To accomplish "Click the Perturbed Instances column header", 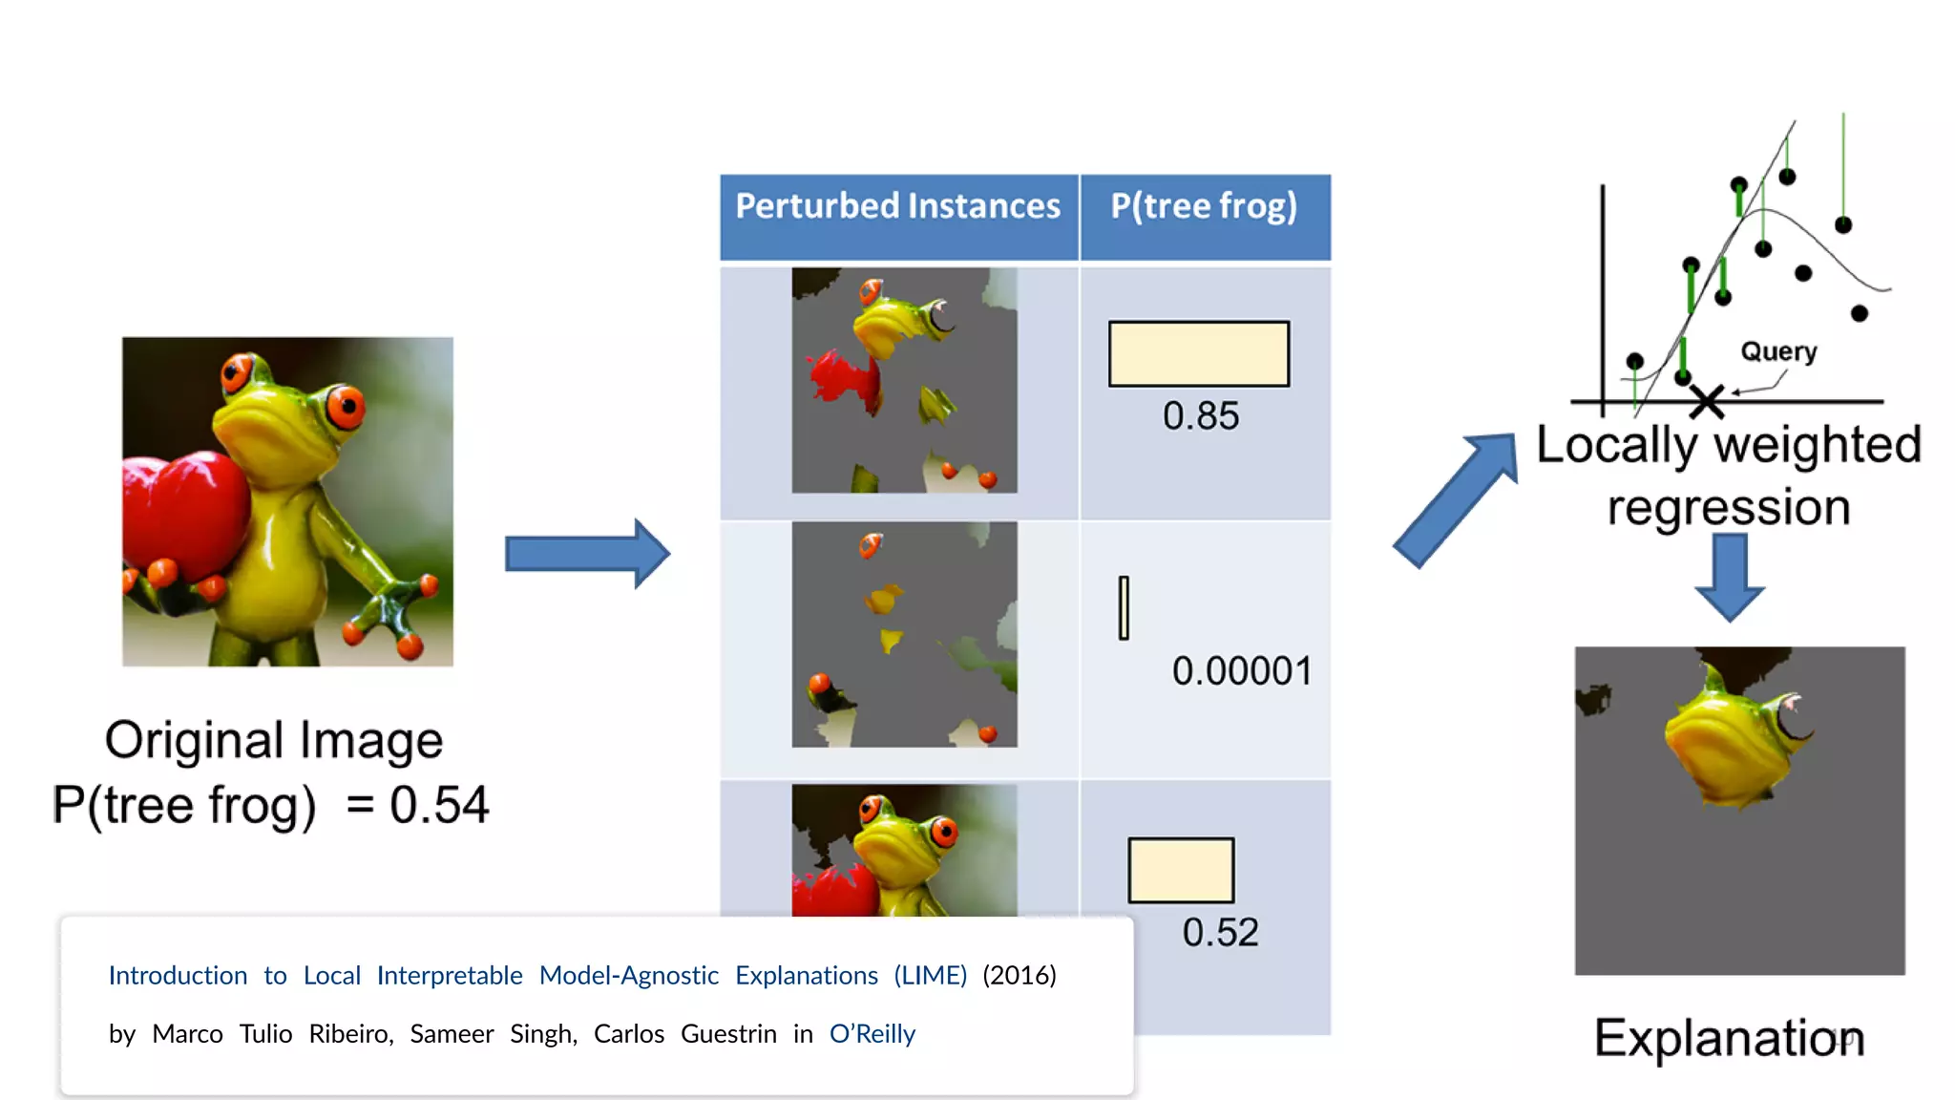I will pyautogui.click(x=897, y=207).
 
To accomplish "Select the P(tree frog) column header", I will pyautogui.click(x=1204, y=207).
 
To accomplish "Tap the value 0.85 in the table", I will pyautogui.click(x=1200, y=416).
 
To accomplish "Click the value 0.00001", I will pyautogui.click(x=1241, y=671).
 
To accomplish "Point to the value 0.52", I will pyautogui.click(x=1220, y=933).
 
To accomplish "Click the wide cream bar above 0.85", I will pyautogui.click(x=1198, y=354).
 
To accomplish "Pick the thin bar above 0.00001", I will pyautogui.click(x=1124, y=607).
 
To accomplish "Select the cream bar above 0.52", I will pyautogui.click(x=1181, y=870).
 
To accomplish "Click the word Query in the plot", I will pyautogui.click(x=1778, y=351).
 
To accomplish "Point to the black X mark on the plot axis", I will pyautogui.click(x=1706, y=402).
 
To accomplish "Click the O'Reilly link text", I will pyautogui.click(x=872, y=1034).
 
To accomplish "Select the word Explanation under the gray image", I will pyautogui.click(x=1728, y=1038).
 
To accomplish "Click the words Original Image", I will pyautogui.click(x=274, y=740).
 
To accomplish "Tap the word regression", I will pyautogui.click(x=1728, y=507).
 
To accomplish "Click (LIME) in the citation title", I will pyautogui.click(x=930, y=976).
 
